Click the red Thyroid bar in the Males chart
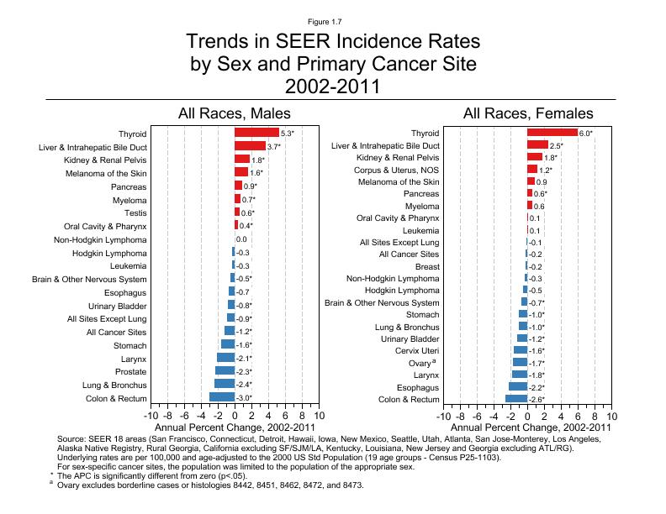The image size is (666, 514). [256, 133]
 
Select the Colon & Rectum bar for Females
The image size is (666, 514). [516, 399]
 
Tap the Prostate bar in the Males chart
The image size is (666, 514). [225, 371]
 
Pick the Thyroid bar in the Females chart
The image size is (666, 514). [552, 133]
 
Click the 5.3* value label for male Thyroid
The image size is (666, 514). [288, 134]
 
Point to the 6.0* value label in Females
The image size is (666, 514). [586, 134]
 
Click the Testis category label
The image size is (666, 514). [135, 212]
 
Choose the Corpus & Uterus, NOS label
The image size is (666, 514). [393, 170]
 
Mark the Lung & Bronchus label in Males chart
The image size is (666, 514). [112, 385]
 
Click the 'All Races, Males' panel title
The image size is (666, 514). [234, 113]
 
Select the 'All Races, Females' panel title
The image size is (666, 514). [527, 113]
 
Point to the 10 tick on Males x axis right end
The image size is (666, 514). [319, 416]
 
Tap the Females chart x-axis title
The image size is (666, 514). [527, 427]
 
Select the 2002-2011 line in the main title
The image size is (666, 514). [332, 86]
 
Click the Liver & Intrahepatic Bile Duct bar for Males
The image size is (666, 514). [250, 146]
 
